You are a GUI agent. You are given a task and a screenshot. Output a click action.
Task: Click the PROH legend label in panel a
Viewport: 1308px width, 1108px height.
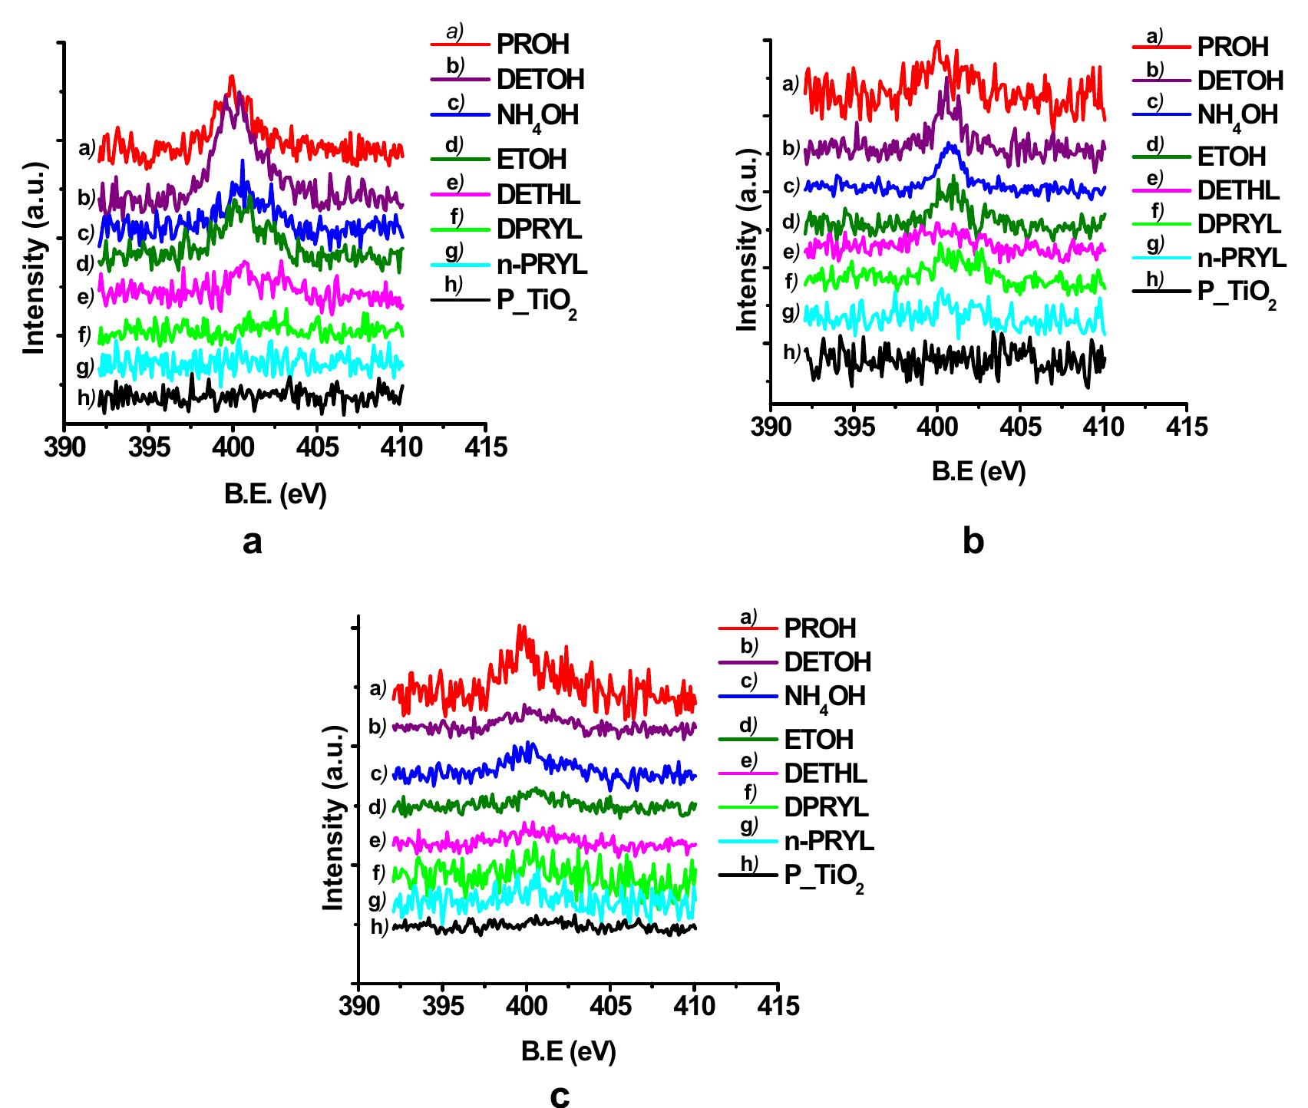(x=533, y=45)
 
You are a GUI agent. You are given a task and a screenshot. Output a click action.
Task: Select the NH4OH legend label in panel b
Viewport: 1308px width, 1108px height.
(x=1237, y=116)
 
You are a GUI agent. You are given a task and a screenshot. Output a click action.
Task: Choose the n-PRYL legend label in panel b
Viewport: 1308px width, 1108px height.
(x=1241, y=259)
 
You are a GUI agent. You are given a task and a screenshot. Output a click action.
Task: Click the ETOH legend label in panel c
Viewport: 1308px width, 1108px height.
(x=818, y=740)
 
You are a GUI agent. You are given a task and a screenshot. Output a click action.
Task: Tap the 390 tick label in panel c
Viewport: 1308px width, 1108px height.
(x=358, y=1006)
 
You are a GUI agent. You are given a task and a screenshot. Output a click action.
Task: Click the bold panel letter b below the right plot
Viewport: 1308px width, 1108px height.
(x=973, y=542)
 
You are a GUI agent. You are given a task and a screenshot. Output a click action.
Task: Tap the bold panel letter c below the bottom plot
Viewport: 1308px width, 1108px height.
(x=560, y=1096)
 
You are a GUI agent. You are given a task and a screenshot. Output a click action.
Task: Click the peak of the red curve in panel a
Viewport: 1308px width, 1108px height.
(x=232, y=77)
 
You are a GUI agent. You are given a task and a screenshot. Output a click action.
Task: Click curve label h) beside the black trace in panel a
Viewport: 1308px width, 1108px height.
(x=85, y=398)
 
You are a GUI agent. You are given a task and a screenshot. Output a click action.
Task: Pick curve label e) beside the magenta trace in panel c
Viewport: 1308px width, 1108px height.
(x=377, y=841)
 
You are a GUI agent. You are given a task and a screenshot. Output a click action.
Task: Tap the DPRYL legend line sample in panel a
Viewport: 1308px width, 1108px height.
(x=459, y=229)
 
